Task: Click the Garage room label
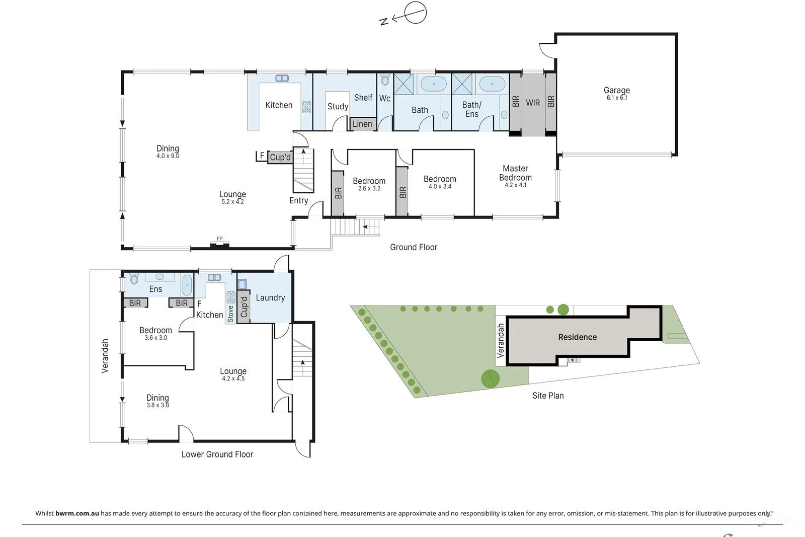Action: [616, 90]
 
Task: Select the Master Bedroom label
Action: [515, 173]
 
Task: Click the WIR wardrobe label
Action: [533, 103]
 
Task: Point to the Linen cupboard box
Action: [362, 124]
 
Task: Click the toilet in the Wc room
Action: [385, 80]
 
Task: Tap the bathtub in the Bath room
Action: [433, 84]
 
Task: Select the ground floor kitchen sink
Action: [282, 78]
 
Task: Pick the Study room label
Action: [338, 106]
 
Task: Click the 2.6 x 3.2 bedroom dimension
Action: [369, 189]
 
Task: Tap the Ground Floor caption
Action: [414, 247]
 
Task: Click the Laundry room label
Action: [270, 297]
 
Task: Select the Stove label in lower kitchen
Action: [230, 314]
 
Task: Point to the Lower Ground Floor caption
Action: [217, 454]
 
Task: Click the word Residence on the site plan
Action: [577, 337]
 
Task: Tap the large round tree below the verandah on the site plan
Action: [490, 378]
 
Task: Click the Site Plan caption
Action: [548, 396]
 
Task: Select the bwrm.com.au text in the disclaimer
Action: [77, 513]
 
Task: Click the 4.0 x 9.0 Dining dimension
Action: [168, 156]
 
